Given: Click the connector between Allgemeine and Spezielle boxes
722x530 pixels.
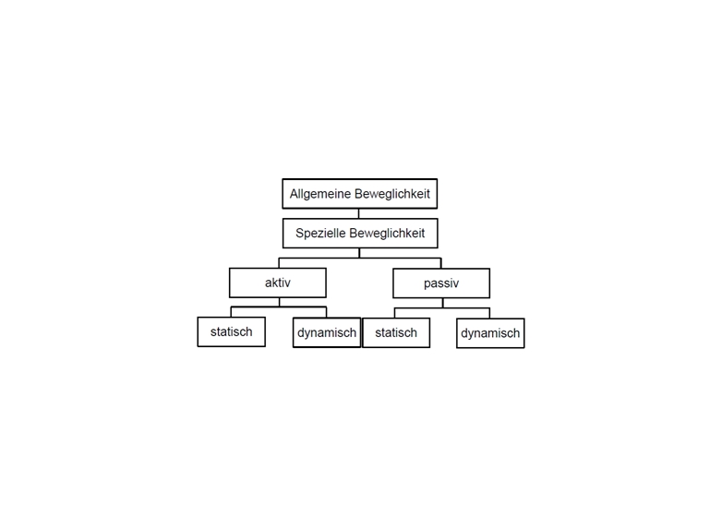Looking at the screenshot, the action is point(359,213).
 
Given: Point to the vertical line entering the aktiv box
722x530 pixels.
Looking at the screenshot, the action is point(279,263).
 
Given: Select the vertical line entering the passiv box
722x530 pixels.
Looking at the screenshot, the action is point(441,263).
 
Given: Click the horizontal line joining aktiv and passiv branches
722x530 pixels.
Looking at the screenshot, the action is point(360,258).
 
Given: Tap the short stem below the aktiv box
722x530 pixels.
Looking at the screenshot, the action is point(279,302).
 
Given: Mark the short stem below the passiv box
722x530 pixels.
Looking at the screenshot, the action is point(442,303).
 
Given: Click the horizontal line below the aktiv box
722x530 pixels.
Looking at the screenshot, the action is point(279,307).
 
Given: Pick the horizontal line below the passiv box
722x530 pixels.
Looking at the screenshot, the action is point(442,308).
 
